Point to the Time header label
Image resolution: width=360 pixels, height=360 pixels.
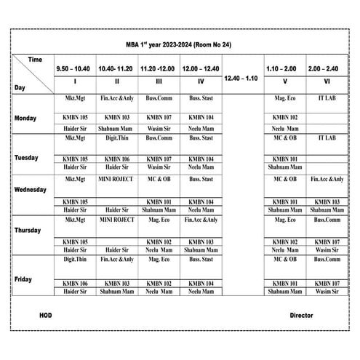[35, 58]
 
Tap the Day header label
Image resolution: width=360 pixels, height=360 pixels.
[22, 87]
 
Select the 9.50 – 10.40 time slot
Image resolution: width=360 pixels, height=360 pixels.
[73, 68]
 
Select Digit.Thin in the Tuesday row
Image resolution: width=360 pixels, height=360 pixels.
[117, 137]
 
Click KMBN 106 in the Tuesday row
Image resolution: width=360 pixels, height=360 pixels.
[117, 159]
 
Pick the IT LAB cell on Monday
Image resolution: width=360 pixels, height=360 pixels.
[327, 97]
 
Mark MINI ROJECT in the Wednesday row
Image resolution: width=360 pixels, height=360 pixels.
[117, 178]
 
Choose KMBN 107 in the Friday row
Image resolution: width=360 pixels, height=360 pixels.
[327, 283]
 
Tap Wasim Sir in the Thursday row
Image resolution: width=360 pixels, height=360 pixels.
[327, 250]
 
